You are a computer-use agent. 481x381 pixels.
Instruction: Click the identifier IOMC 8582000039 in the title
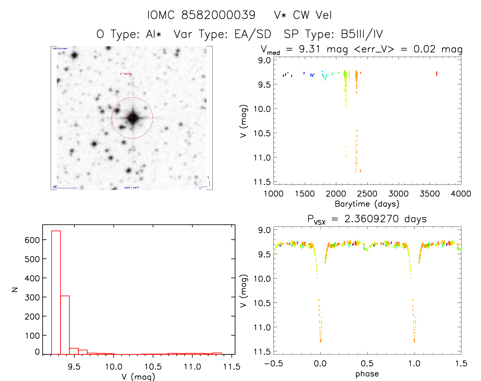[201, 15]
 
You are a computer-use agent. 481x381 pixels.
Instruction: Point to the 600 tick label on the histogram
[32, 240]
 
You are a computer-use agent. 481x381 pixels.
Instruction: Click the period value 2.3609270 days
[386, 219]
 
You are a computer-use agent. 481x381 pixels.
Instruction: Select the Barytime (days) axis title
[367, 204]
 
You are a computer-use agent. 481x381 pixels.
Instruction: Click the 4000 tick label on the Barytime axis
[461, 194]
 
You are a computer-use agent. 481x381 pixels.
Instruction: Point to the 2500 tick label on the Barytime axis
[367, 194]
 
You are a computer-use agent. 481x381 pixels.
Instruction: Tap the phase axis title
[367, 374]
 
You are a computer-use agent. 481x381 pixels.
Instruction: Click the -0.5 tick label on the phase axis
[273, 363]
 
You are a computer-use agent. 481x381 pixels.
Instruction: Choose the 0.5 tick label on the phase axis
[367, 363]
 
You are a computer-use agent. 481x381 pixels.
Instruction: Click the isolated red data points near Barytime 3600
[436, 74]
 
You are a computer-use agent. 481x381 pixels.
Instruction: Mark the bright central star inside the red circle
[132, 118]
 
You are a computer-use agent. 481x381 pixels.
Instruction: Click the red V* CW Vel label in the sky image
[126, 74]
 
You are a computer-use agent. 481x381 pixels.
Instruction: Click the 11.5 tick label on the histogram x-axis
[231, 367]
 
